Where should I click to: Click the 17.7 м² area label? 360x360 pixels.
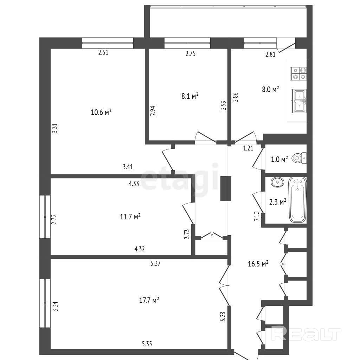(149, 300)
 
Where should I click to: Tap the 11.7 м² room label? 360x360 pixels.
(130, 216)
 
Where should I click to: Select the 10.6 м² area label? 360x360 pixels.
(101, 112)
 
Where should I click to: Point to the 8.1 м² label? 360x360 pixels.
(190, 96)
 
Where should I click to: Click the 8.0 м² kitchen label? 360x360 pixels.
(270, 89)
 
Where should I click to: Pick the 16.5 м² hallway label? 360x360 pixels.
(258, 264)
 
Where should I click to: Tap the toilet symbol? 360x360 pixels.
(299, 158)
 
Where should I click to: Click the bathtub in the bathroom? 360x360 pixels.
(297, 200)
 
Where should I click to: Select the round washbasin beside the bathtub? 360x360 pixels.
(278, 182)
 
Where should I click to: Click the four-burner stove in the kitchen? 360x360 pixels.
(298, 73)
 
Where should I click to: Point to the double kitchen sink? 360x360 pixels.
(298, 101)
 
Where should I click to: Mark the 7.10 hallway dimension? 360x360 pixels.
(257, 216)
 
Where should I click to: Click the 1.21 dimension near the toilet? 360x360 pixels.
(248, 148)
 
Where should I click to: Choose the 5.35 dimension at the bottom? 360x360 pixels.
(147, 344)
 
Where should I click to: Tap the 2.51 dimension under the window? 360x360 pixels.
(103, 53)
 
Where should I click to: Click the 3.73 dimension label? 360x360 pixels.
(187, 234)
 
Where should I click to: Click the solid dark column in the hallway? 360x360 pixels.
(226, 188)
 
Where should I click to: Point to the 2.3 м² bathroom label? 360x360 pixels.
(278, 202)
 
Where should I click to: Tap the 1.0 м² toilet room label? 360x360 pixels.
(279, 159)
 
